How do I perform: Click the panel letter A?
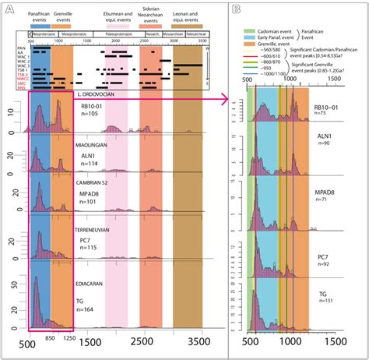(8, 10)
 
